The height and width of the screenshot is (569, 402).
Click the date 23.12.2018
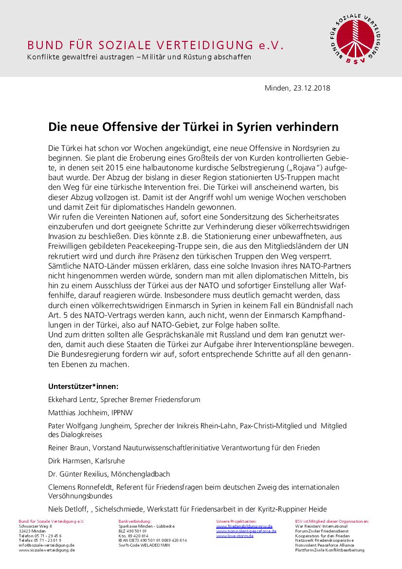coord(312,88)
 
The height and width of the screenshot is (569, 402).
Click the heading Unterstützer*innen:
coord(83,386)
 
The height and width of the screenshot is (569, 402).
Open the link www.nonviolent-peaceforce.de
coord(244,531)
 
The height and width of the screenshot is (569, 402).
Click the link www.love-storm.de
coord(235,536)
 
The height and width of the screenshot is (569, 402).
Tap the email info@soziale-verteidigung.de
coord(47,545)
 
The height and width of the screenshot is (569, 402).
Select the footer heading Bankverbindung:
coord(135,521)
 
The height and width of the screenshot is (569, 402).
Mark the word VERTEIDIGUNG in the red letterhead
coord(211,46)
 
